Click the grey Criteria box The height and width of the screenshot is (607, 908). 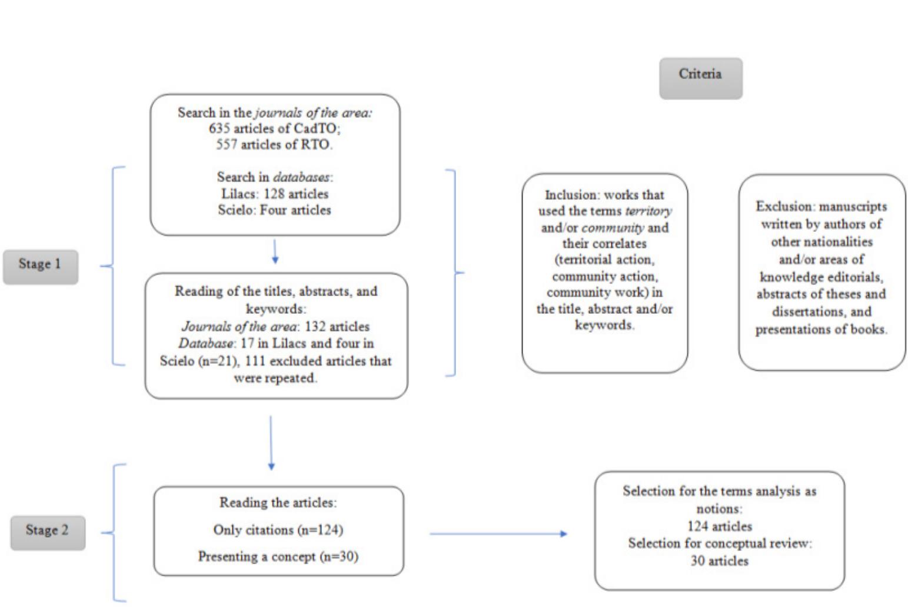(700, 78)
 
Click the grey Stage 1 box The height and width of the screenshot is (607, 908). (40, 267)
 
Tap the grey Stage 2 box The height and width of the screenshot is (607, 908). (47, 533)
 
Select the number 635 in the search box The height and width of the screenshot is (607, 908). (219, 128)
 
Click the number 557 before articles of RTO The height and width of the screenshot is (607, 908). (226, 144)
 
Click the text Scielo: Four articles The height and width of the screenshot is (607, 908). (274, 210)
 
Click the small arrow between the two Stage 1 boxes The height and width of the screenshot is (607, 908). (275, 252)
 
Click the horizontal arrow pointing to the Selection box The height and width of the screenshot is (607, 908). (498, 533)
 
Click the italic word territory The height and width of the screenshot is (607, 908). (648, 211)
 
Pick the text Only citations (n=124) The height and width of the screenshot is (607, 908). (278, 530)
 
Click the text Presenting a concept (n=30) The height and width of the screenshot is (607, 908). (278, 556)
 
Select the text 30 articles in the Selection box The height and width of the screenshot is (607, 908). (719, 561)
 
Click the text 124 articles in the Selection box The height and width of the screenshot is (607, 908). (719, 526)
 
